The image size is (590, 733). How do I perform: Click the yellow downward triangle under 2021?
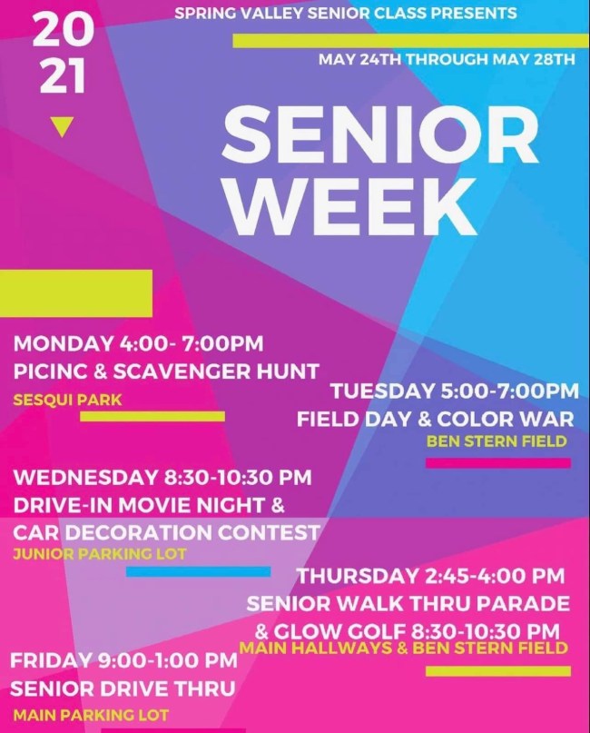(61, 126)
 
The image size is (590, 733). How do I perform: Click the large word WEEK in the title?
(352, 206)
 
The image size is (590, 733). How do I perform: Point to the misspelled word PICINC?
(50, 371)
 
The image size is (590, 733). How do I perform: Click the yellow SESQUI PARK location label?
(67, 401)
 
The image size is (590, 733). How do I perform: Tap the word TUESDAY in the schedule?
(382, 391)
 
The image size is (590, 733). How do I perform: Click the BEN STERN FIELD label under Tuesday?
(497, 441)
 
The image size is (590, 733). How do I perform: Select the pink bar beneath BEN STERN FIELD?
(498, 463)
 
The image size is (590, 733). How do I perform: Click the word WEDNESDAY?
(84, 478)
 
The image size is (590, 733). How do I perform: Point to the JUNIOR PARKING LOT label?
(100, 554)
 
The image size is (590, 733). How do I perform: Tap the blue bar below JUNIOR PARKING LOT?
(198, 571)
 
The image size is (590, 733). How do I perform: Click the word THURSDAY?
(358, 576)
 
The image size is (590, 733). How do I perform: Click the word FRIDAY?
(51, 660)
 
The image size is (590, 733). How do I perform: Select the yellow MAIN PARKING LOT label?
(91, 715)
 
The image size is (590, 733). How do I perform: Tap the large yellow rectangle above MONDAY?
(76, 293)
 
